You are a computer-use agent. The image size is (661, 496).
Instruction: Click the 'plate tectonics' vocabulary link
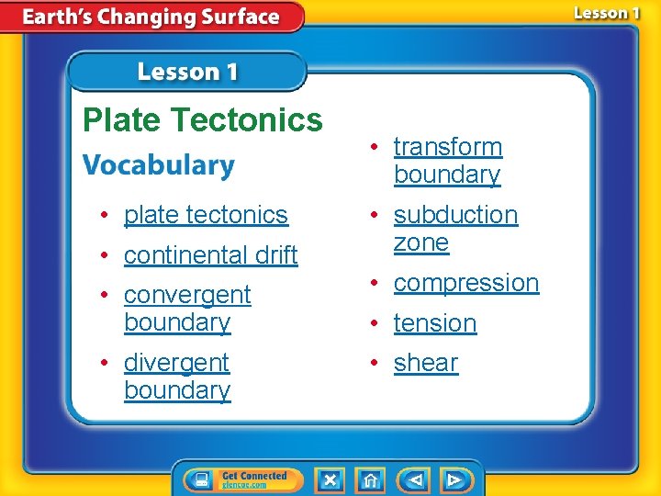(x=206, y=215)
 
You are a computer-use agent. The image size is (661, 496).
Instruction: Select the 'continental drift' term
(x=210, y=255)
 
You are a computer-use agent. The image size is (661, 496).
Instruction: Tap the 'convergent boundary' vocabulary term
(x=186, y=309)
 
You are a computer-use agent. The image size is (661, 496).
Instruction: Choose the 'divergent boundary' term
(x=176, y=377)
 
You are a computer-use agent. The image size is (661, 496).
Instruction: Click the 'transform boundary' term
(x=447, y=161)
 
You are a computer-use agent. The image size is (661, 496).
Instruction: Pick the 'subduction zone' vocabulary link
(x=455, y=229)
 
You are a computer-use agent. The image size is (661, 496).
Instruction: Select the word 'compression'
(x=465, y=283)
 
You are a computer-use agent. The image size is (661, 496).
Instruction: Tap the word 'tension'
(x=434, y=323)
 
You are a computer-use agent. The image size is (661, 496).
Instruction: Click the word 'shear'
(x=425, y=364)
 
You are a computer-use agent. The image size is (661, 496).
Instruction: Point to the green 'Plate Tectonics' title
(x=203, y=119)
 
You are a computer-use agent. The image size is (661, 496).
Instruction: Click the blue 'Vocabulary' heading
(x=159, y=165)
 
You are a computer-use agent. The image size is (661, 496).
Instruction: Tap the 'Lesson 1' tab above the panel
(x=187, y=72)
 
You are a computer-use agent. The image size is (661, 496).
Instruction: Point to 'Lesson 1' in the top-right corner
(x=607, y=13)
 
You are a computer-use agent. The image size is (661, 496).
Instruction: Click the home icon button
(x=370, y=479)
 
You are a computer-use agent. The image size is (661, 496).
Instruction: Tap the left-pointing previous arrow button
(x=413, y=479)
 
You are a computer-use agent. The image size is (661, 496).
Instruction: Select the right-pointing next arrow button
(x=454, y=479)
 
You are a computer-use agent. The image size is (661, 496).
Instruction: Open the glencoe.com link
(x=243, y=485)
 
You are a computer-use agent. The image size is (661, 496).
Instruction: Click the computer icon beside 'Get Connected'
(x=199, y=480)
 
